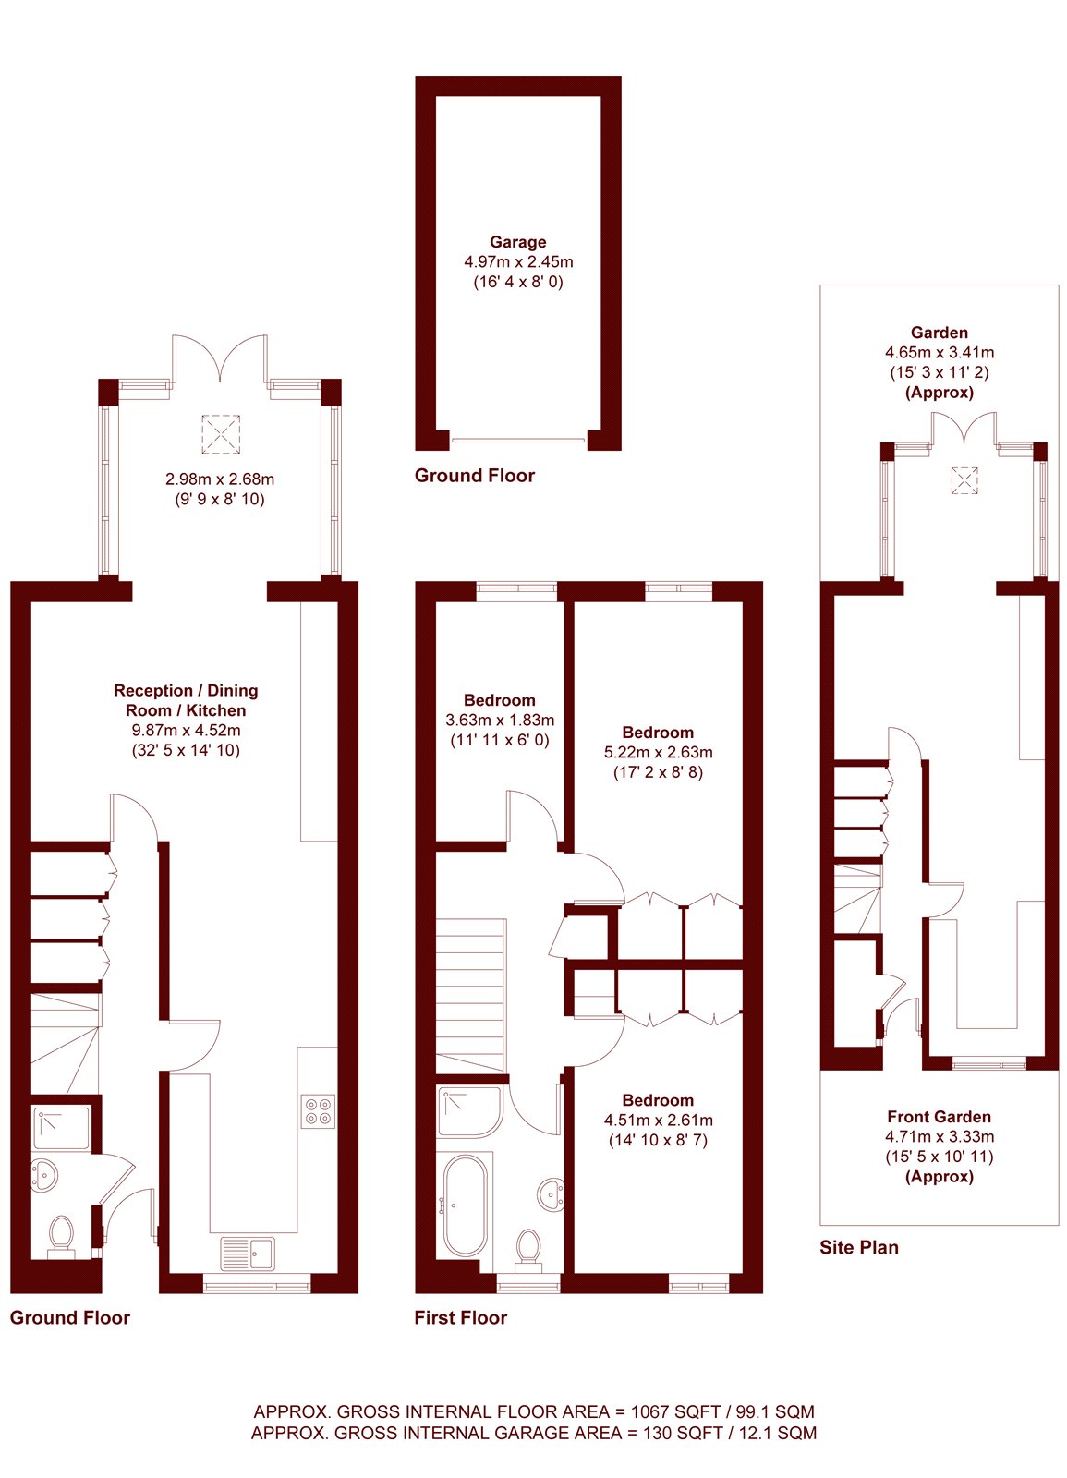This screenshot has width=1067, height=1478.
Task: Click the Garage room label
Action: tap(517, 242)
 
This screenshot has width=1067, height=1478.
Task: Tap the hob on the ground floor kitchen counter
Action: tap(319, 1110)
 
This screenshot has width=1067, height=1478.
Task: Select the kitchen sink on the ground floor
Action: tap(247, 1254)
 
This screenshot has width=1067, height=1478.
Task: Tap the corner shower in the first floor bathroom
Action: tap(469, 1111)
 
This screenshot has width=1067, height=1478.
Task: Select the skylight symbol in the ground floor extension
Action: tap(221, 433)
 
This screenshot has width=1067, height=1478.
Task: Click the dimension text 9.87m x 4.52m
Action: tap(186, 730)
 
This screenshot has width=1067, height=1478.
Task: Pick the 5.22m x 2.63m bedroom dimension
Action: tap(658, 752)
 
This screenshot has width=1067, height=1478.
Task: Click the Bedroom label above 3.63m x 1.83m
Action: tap(499, 700)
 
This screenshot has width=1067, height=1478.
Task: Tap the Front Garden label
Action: tap(939, 1117)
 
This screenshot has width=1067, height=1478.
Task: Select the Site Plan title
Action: tap(858, 1247)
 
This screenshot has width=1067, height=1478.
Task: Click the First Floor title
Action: tap(460, 1318)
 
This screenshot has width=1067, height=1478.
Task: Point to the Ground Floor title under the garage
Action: tap(474, 476)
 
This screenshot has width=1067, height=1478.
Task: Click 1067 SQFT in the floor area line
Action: tap(669, 1411)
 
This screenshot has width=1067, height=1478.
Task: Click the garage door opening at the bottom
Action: tap(518, 441)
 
